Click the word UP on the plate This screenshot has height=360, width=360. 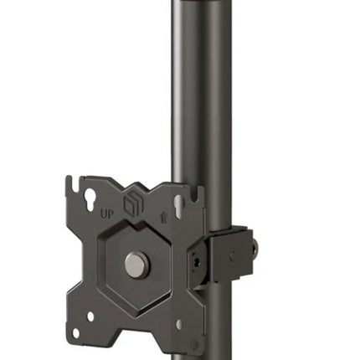click(x=107, y=214)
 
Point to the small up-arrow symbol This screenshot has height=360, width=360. click(x=165, y=218)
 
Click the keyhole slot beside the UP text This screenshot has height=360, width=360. click(x=90, y=199)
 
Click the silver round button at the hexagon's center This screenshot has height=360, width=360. click(x=136, y=265)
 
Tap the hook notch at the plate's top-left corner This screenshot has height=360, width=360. click(x=73, y=183)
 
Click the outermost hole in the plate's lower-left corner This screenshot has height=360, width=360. click(x=75, y=333)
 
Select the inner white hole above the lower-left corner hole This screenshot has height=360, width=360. click(x=90, y=316)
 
